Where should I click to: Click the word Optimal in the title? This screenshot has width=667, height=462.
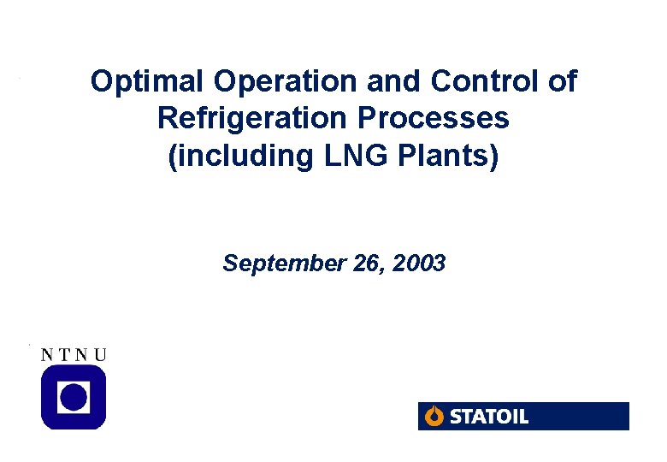click(148, 83)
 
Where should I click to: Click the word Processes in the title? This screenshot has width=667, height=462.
click(452, 118)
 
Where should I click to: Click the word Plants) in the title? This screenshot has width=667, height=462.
click(449, 156)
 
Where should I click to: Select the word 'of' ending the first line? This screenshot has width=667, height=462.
click(562, 82)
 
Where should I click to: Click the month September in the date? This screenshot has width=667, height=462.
click(283, 264)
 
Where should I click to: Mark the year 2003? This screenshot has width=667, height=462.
click(419, 264)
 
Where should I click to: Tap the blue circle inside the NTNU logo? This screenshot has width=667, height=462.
click(74, 397)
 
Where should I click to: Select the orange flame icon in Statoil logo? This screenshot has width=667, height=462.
click(434, 417)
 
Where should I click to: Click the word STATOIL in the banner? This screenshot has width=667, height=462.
click(489, 417)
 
